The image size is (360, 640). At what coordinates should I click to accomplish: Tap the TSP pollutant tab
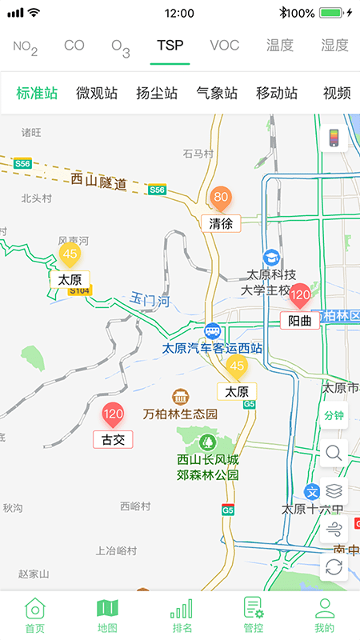(x=170, y=46)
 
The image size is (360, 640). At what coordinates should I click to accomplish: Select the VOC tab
(x=225, y=46)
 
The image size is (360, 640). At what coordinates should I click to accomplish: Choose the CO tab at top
(x=74, y=46)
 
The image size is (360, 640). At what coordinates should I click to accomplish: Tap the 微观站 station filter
(x=97, y=93)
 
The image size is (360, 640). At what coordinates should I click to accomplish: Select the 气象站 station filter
(x=217, y=93)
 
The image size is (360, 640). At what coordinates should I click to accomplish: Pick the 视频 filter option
(x=337, y=93)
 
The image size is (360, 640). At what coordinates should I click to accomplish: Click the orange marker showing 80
(x=221, y=198)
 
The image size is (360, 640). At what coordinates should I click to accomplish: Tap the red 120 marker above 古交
(x=113, y=414)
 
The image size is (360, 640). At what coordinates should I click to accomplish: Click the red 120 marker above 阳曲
(x=300, y=296)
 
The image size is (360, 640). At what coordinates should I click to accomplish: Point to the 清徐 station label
(x=221, y=223)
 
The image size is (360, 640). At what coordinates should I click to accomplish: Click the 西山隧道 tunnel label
(x=98, y=181)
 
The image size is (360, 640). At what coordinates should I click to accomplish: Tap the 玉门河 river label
(x=150, y=301)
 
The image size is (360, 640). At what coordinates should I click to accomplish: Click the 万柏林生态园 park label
(x=180, y=414)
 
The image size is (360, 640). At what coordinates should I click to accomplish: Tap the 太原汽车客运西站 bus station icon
(x=213, y=331)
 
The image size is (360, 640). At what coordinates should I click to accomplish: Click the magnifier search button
(x=334, y=454)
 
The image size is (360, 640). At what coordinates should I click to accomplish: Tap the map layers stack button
(x=334, y=490)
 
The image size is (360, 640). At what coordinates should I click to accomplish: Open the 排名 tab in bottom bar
(x=182, y=616)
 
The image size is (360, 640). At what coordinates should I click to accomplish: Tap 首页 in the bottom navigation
(x=34, y=616)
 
